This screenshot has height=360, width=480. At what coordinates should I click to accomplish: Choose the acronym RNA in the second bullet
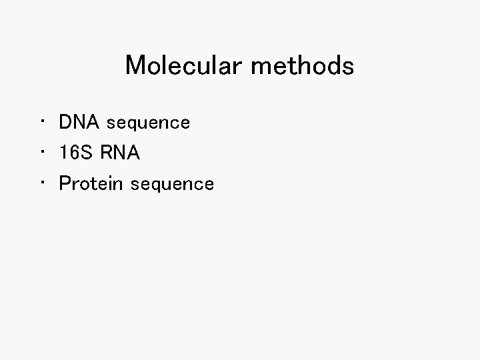point(120,153)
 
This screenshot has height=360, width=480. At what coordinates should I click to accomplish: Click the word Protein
point(92,183)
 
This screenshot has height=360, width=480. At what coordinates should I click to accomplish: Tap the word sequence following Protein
point(173,185)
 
